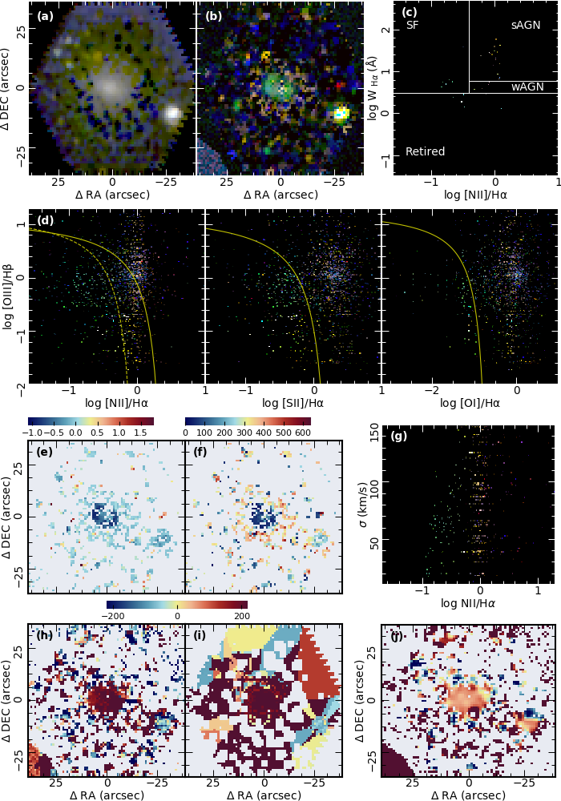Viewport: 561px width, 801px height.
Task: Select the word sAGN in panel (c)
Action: (526, 26)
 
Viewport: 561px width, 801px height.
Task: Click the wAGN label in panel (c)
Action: (526, 87)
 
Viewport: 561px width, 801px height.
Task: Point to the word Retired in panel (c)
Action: (425, 151)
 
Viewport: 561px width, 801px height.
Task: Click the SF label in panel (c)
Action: (412, 26)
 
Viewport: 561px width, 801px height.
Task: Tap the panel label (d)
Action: (45, 220)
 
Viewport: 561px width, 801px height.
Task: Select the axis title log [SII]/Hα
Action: (293, 403)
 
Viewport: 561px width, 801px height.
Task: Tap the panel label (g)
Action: (398, 437)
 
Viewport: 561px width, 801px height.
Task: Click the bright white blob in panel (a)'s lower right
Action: (172, 114)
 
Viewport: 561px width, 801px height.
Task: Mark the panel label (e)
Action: (45, 452)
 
